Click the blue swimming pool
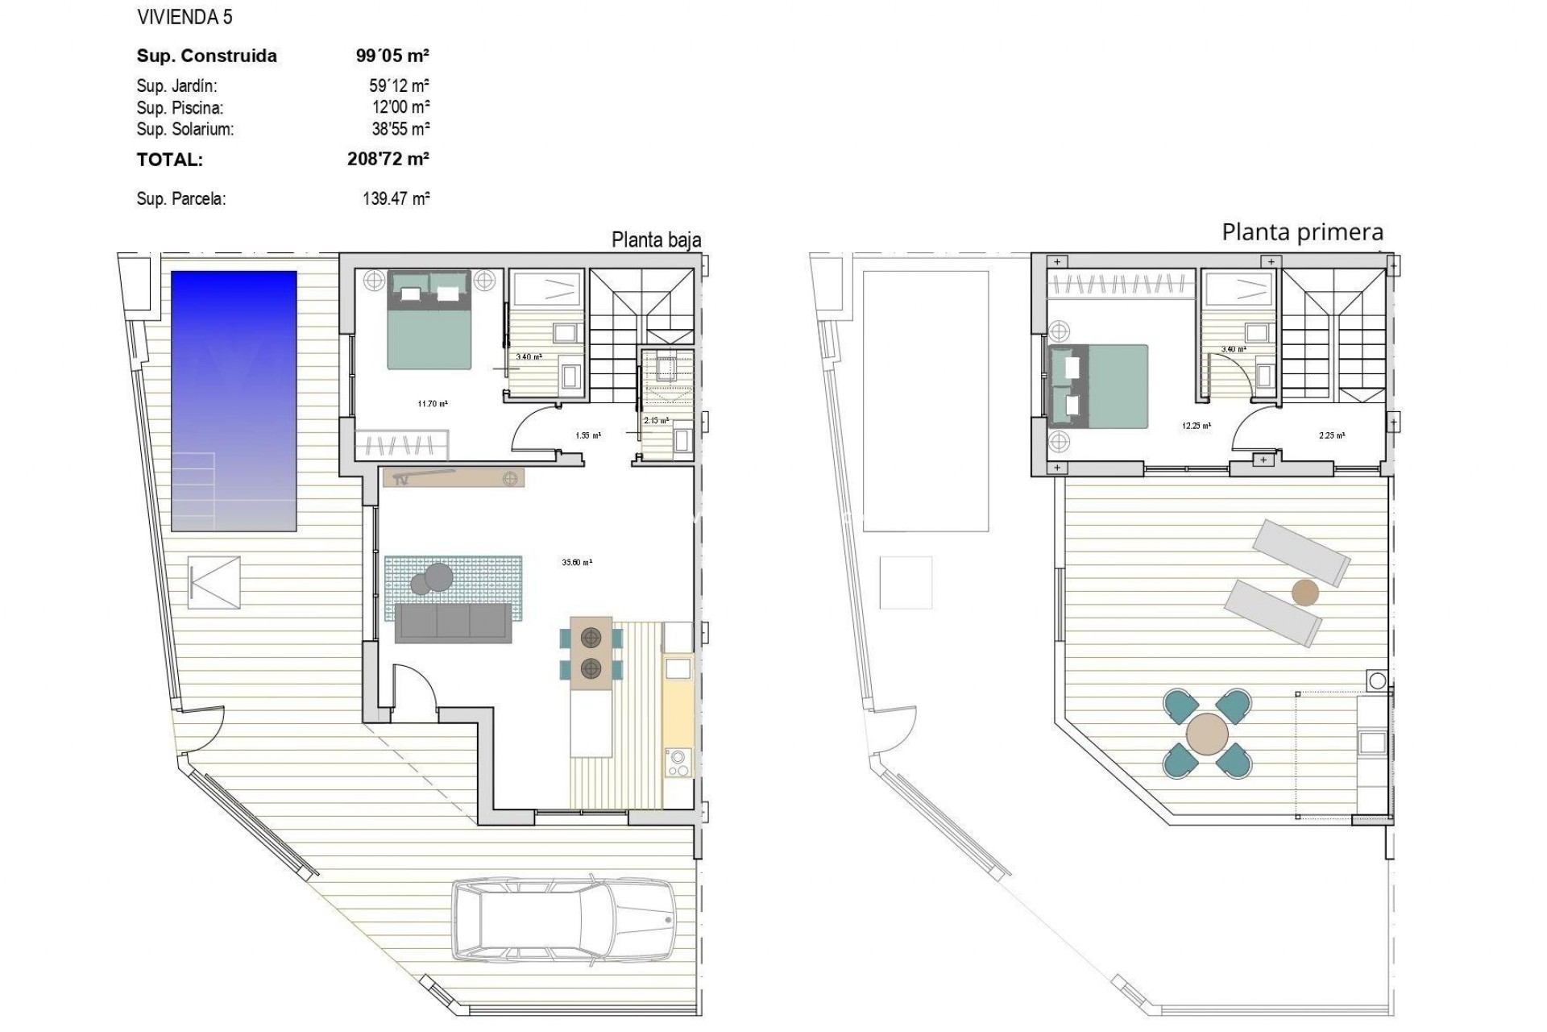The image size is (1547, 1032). pos(234,401)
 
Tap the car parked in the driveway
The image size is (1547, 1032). pos(563,919)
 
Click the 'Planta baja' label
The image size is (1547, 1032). pos(656,239)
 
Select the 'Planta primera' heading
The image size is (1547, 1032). pos(1302,232)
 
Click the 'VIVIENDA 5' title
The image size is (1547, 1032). pos(185,17)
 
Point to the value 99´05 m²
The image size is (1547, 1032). pos(392,56)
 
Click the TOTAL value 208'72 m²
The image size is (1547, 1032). pos(388,159)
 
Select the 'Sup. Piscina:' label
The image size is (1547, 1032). pos(180,108)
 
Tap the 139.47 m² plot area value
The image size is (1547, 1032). pos(396,198)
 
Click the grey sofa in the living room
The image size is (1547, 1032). pos(453,623)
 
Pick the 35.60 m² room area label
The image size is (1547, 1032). pos(577,563)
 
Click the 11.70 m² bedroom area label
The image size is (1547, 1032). pos(433,404)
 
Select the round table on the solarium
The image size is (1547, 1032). pos(1207,734)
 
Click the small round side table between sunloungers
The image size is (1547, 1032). pos(1305,593)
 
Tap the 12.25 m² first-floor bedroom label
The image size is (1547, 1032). pos(1196,426)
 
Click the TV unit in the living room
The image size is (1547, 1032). pos(454,478)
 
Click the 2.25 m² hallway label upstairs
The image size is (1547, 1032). pos(1331,435)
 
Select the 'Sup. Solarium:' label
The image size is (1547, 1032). pos(185,129)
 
